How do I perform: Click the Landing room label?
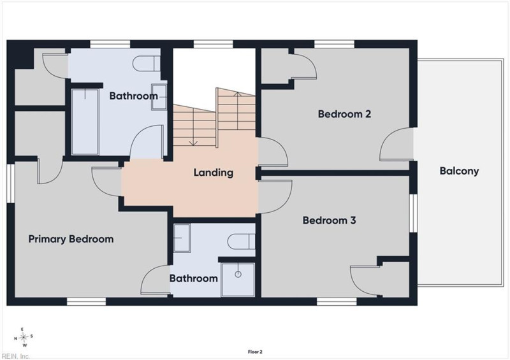(214, 173)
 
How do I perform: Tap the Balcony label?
(459, 171)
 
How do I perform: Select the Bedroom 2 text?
(344, 114)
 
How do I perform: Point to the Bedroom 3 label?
(329, 220)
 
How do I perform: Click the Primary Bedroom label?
(71, 240)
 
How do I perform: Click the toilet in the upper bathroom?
(147, 63)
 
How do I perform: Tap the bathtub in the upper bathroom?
(85, 122)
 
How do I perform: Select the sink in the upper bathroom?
(159, 97)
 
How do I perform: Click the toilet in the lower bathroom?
(241, 241)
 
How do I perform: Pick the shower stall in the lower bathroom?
(238, 280)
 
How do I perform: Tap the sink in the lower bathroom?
(182, 238)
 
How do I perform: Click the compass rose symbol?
(24, 337)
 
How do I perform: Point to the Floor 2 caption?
(255, 352)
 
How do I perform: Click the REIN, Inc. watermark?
(15, 356)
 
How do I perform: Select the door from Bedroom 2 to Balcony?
(395, 144)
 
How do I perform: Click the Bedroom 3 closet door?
(365, 281)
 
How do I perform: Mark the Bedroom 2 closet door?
(303, 66)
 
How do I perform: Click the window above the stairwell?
(214, 44)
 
